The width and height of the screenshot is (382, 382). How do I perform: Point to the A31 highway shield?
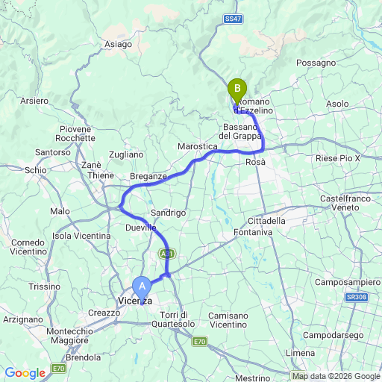pos(165,254)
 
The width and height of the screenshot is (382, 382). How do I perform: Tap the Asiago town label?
pos(118,45)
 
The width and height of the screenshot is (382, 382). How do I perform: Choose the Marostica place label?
pos(198,147)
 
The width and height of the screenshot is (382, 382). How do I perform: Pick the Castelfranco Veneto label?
pos(345,203)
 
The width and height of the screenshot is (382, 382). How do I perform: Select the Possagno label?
pos(316,63)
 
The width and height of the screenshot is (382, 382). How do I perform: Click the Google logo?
pos(25,373)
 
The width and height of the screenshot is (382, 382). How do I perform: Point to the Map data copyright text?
pos(335,375)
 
